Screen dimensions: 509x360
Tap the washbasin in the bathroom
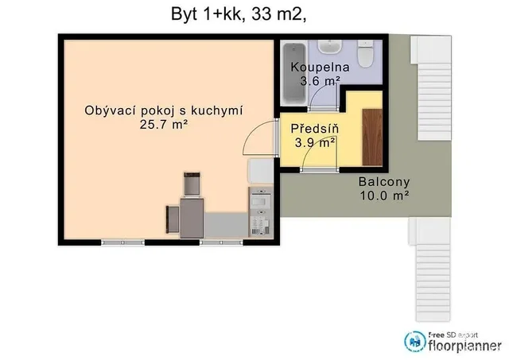point(329,47)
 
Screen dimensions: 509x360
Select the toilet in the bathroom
point(366,53)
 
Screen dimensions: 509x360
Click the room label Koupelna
point(320,67)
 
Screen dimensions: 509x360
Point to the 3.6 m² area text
point(320,81)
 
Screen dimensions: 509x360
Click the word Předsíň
point(315,129)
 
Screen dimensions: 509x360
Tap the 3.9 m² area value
point(315,142)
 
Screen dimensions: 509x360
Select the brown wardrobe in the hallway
point(372,137)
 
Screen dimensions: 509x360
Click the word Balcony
point(384,182)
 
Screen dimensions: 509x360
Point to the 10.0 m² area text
point(384,195)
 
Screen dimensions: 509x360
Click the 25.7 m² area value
point(164,124)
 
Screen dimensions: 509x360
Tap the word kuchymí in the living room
point(217,111)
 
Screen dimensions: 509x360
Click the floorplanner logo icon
point(415,342)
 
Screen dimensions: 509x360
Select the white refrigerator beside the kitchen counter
point(261,171)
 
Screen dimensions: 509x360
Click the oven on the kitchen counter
point(261,198)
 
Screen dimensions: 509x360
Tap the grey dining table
point(192,218)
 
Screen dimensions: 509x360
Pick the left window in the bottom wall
point(122,242)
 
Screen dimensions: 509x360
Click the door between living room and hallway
point(260,137)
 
